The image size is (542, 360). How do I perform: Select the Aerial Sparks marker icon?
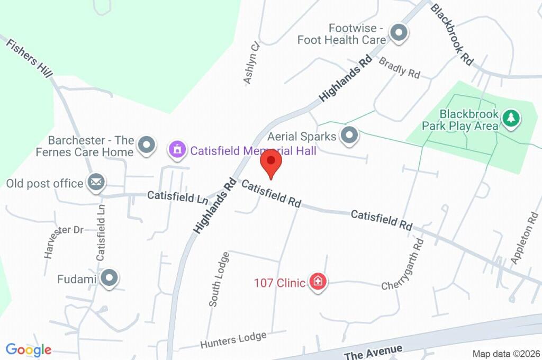pos(349,136)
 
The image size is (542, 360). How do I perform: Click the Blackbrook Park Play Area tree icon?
pos(511,118)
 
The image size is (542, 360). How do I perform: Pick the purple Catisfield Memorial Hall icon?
pos(177,150)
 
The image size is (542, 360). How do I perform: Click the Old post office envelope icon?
pos(96,183)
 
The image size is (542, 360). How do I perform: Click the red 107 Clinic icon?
pos(319,282)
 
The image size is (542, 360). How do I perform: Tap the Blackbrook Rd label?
pos(451,34)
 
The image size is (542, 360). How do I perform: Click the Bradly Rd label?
pos(400,68)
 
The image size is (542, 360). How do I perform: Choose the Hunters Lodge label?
pos(233,340)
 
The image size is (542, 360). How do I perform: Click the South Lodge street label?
pos(219,279)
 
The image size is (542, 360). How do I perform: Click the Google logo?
pos(29,349)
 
